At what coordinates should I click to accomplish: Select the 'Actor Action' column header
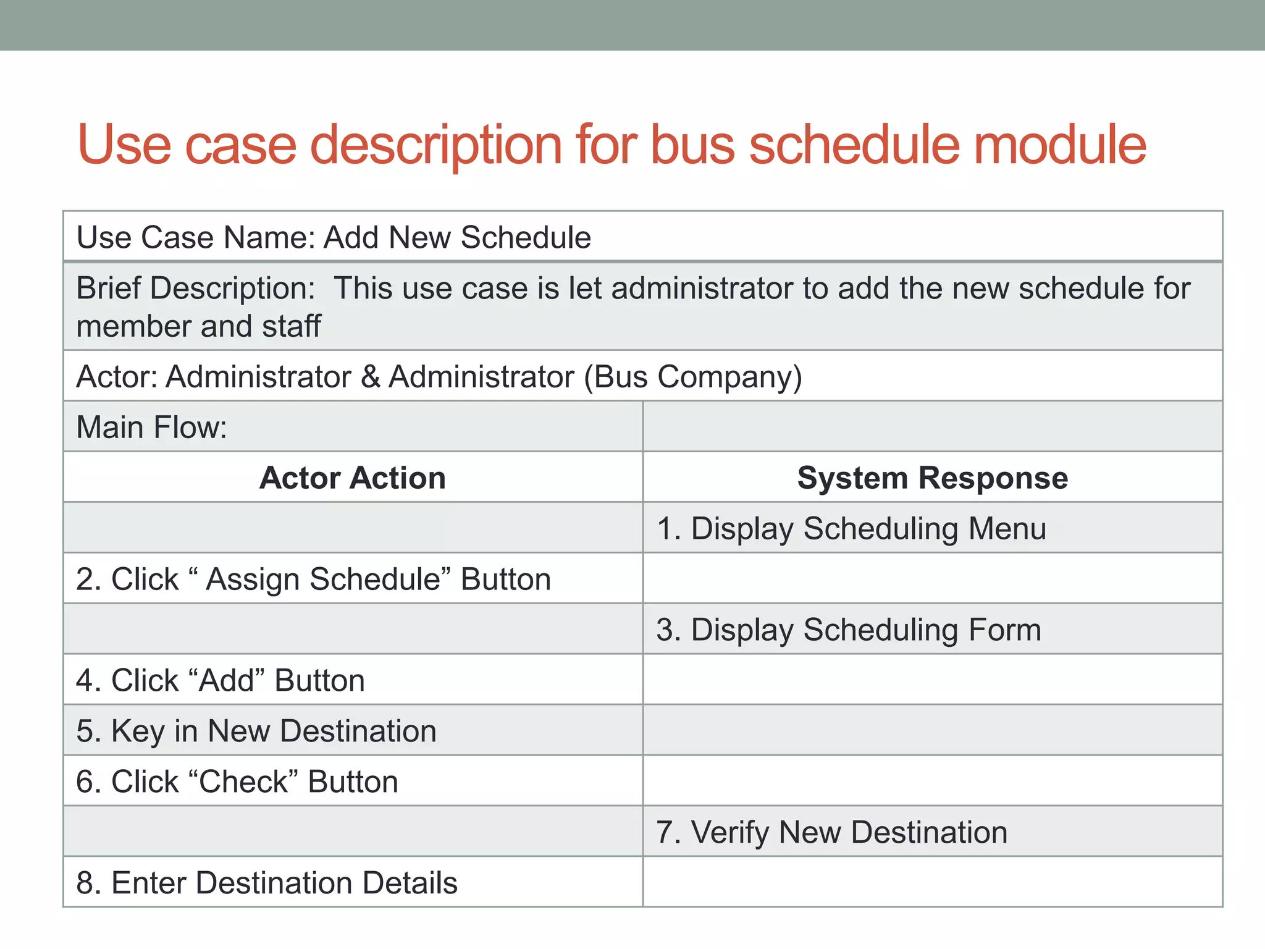click(x=352, y=478)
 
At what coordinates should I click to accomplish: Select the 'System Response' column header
click(x=932, y=478)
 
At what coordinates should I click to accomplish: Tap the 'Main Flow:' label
click(x=151, y=427)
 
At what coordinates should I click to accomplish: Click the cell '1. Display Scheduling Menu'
click(x=851, y=529)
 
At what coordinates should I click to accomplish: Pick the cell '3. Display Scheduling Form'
click(x=849, y=630)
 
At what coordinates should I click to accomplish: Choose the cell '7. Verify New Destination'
click(x=831, y=832)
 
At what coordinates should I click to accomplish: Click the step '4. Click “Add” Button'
click(x=221, y=681)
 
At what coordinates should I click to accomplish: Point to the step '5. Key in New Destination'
click(x=256, y=731)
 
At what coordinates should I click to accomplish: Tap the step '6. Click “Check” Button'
click(x=237, y=782)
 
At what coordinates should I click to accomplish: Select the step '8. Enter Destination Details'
click(x=267, y=883)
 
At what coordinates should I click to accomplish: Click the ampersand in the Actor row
click(x=370, y=376)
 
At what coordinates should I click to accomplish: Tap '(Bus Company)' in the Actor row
click(x=693, y=377)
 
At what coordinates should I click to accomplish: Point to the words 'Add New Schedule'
click(x=457, y=237)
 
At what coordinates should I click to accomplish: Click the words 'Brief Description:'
click(x=196, y=289)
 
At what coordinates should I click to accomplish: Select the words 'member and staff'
click(x=198, y=326)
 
